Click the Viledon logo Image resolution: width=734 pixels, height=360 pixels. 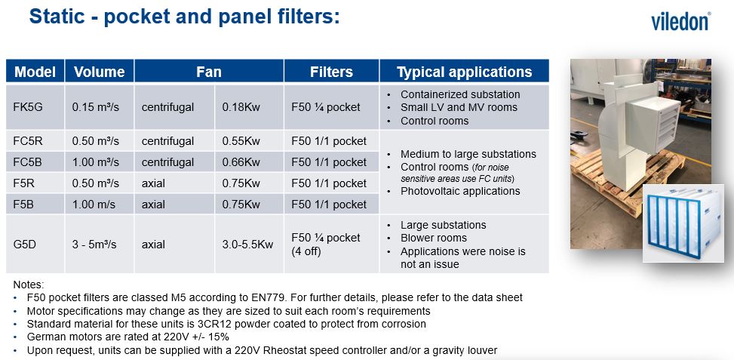[680, 22]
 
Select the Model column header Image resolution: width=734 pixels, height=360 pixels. [35, 72]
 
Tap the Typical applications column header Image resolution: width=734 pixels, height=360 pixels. [465, 72]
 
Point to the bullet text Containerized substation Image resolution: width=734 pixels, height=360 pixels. [460, 94]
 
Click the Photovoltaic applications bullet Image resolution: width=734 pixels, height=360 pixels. [460, 191]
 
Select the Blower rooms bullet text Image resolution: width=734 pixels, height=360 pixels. [434, 238]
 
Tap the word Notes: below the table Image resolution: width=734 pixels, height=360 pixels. [29, 285]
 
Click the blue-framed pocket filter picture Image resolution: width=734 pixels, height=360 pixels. [683, 223]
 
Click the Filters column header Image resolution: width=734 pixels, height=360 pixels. [331, 72]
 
